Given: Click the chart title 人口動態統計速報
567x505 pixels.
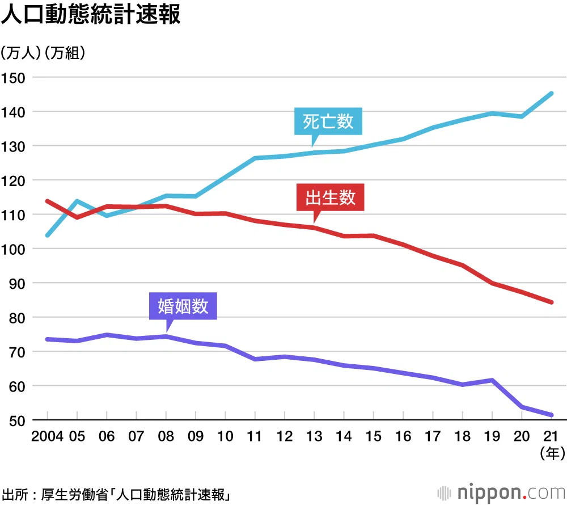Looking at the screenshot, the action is coord(91,15).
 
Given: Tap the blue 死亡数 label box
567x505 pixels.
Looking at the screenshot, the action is coord(328,121).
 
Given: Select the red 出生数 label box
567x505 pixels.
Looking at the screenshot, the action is coord(330,197).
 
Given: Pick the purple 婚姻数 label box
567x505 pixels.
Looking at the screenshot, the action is coord(183,306).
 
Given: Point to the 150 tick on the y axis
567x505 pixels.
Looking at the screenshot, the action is coord(13,78).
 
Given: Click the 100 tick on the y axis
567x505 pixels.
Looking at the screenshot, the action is coord(13,249).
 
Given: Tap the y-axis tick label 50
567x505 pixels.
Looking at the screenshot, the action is coord(17,420).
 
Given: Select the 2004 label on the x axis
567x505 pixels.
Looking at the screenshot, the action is coord(48,436).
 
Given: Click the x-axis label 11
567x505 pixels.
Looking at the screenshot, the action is coord(255,436).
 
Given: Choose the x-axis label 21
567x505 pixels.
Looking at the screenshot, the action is coord(551,436).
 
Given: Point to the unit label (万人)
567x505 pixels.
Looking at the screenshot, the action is coord(20,53).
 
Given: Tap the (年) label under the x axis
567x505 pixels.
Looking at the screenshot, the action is coord(552,453).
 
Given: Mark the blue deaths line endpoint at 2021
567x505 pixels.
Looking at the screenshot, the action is coord(552,94).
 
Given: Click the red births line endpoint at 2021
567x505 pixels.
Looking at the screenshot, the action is coord(552,302).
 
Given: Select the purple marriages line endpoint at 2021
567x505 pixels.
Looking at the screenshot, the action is coord(552,415).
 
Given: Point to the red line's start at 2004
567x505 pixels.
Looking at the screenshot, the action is coord(48,201).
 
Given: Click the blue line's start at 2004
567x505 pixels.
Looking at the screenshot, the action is coord(48,235).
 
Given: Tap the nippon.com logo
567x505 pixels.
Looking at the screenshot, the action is coord(501,493).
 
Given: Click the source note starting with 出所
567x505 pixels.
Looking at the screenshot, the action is coord(116,495).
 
